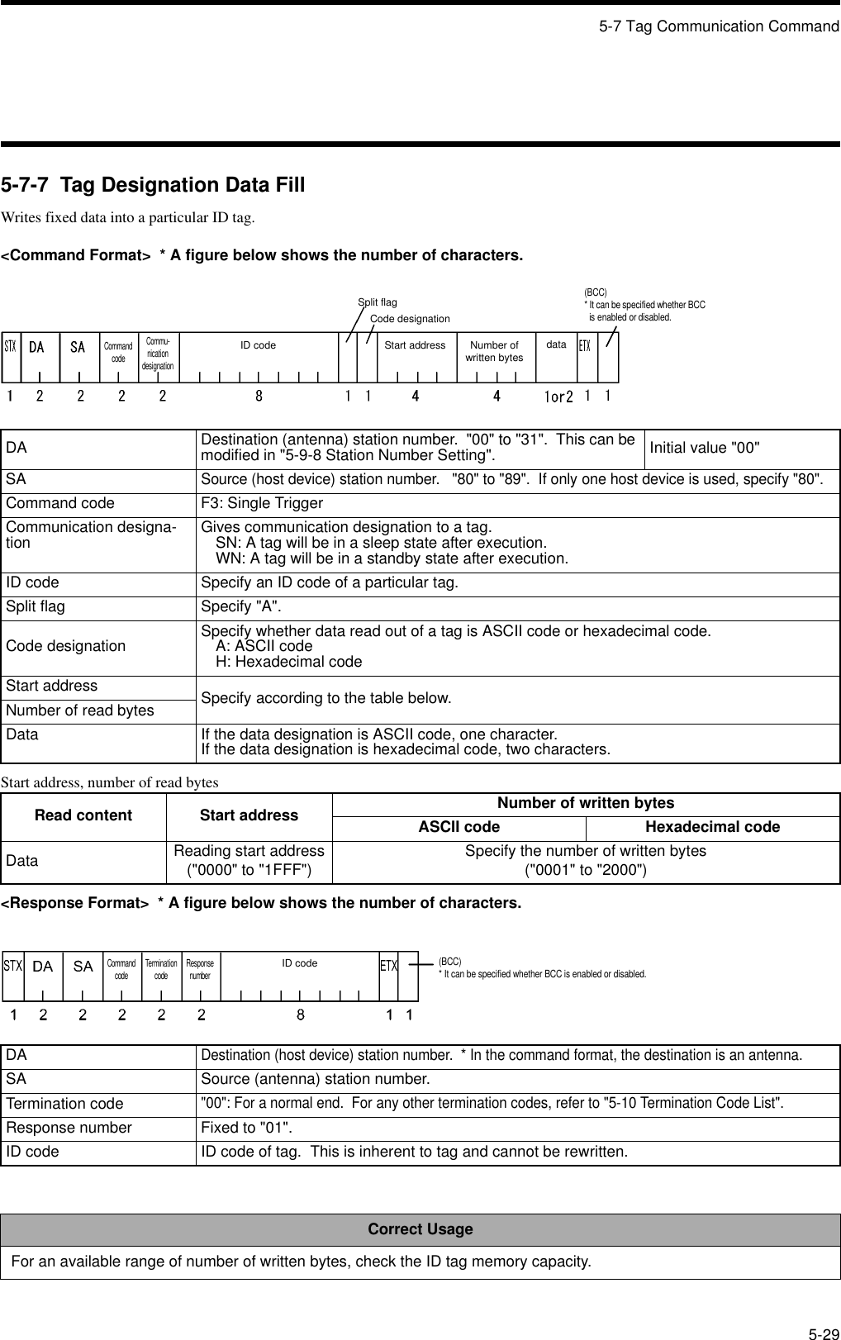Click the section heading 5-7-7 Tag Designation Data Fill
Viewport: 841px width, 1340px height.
point(153,185)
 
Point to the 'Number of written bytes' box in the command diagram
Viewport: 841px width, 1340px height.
point(494,351)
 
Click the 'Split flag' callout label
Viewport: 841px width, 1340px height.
point(377,302)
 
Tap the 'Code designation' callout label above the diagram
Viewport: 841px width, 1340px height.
point(410,319)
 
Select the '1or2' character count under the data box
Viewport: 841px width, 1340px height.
point(558,397)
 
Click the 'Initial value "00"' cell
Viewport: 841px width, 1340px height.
point(705,449)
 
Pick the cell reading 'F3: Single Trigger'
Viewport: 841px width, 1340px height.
point(262,504)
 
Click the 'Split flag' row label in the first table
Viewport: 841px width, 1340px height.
point(36,607)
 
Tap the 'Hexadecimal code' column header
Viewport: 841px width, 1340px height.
point(712,827)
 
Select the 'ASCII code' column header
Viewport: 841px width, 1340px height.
point(459,827)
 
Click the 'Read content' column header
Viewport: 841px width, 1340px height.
point(83,815)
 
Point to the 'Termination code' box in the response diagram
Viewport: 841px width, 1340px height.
point(161,969)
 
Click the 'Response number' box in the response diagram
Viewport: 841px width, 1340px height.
point(200,969)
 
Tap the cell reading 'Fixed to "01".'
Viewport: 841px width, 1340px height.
point(245,1129)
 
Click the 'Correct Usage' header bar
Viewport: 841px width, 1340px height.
point(420,1229)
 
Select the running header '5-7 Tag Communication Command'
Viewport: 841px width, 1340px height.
point(719,26)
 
